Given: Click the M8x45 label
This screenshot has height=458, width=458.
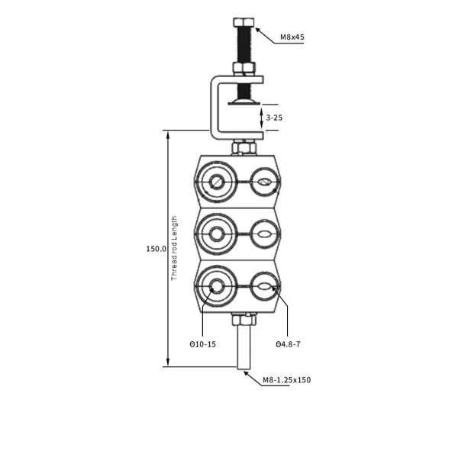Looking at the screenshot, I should pos(291,37).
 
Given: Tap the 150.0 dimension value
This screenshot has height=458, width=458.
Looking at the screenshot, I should pos(156,249).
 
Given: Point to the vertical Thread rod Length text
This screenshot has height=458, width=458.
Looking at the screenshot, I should pos(174,248).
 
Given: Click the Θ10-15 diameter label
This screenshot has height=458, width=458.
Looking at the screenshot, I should pos(203,344).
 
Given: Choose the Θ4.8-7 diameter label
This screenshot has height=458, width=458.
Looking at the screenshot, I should pos(288,344).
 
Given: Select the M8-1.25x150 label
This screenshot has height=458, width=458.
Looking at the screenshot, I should pos(286,379).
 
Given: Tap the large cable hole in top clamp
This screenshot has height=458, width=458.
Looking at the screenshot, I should pos(218,182).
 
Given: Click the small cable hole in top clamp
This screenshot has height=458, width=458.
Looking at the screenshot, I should pos(264,182).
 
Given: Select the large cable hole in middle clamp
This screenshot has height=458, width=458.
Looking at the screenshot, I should pos(218,234).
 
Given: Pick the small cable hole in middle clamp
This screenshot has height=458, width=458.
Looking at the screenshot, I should pos(264,234).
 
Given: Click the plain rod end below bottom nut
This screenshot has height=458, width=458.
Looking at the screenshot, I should pos(244,347).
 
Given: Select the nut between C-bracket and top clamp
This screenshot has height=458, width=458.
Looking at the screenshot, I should pos(244,147).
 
